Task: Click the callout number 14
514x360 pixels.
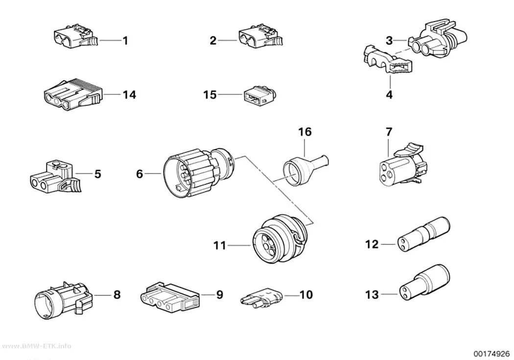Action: (129, 95)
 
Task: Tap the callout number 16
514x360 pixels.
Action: (305, 132)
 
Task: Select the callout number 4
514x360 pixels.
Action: (389, 95)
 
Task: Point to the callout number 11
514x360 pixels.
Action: (220, 245)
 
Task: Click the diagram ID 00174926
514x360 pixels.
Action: (491, 354)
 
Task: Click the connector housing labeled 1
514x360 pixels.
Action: (76, 36)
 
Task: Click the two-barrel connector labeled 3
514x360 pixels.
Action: (438, 39)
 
